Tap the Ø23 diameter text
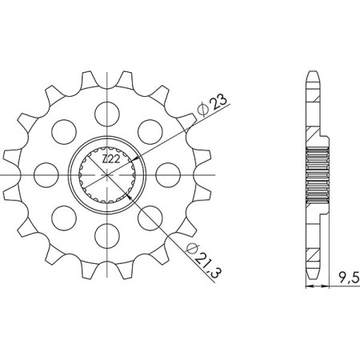pos(206,104)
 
